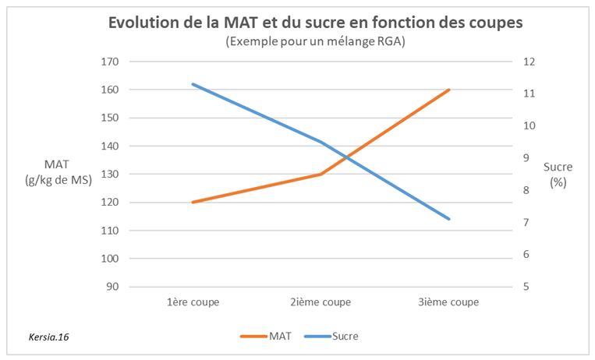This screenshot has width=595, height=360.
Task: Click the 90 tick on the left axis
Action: click(109, 287)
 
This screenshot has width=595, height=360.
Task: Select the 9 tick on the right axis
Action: click(529, 158)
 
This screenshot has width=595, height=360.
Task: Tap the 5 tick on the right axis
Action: click(529, 287)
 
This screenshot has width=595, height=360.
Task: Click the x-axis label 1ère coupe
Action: click(193, 302)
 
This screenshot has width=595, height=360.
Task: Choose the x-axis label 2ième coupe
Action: click(321, 302)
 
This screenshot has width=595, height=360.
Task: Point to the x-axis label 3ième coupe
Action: click(449, 302)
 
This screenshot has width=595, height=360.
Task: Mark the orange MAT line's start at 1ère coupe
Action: click(193, 203)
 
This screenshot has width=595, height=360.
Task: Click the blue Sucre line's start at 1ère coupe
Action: click(193, 84)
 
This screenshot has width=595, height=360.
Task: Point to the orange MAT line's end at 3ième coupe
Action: click(449, 90)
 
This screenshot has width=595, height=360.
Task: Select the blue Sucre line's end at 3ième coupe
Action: click(449, 219)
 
